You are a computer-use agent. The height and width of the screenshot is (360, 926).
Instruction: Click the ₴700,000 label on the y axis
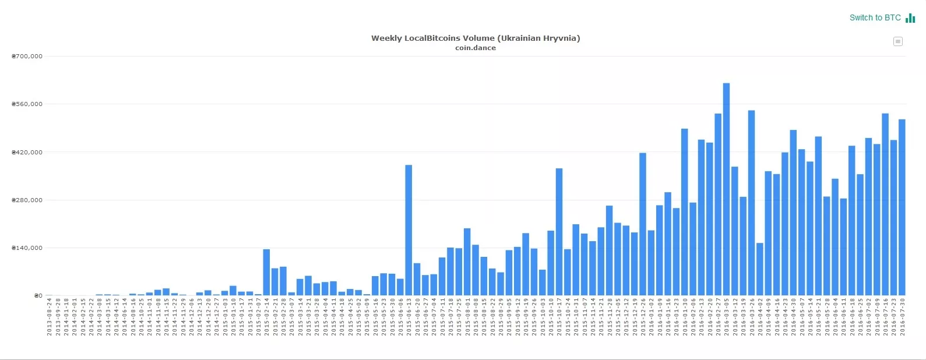(27, 57)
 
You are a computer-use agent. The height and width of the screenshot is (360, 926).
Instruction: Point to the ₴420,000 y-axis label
(27, 153)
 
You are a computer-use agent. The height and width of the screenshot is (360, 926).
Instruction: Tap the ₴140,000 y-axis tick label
(27, 248)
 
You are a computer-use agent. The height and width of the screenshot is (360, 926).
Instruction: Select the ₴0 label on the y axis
(38, 296)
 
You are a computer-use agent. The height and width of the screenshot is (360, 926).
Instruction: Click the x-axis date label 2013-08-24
(50, 317)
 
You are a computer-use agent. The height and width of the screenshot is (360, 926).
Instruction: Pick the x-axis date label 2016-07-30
(902, 317)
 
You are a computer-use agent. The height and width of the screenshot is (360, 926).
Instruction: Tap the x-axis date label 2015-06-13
(409, 317)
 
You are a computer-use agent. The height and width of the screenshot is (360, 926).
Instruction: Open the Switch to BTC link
(875, 18)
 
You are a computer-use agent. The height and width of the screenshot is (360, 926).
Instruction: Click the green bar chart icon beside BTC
(910, 18)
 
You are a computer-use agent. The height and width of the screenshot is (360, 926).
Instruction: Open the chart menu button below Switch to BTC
(898, 41)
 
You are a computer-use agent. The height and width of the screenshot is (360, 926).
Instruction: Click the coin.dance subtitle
(476, 48)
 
